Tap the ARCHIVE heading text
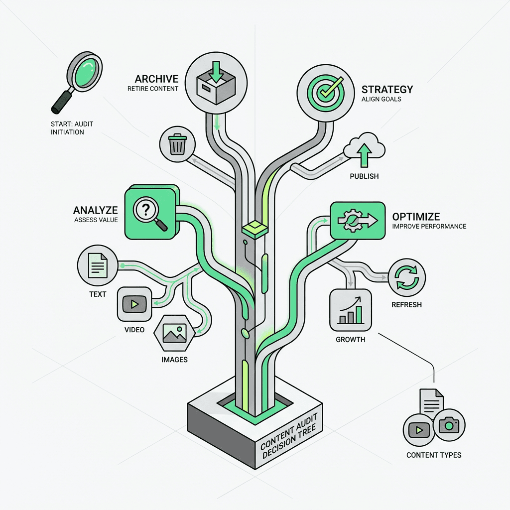click(x=156, y=79)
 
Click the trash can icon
click(x=177, y=144)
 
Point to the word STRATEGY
click(x=387, y=90)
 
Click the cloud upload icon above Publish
click(x=364, y=149)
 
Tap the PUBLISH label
click(x=364, y=176)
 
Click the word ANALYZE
click(x=96, y=210)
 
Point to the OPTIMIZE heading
click(x=416, y=217)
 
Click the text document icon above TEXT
click(x=98, y=265)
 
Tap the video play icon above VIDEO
click(x=134, y=304)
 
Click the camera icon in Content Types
click(x=449, y=425)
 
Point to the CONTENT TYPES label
click(x=433, y=455)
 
